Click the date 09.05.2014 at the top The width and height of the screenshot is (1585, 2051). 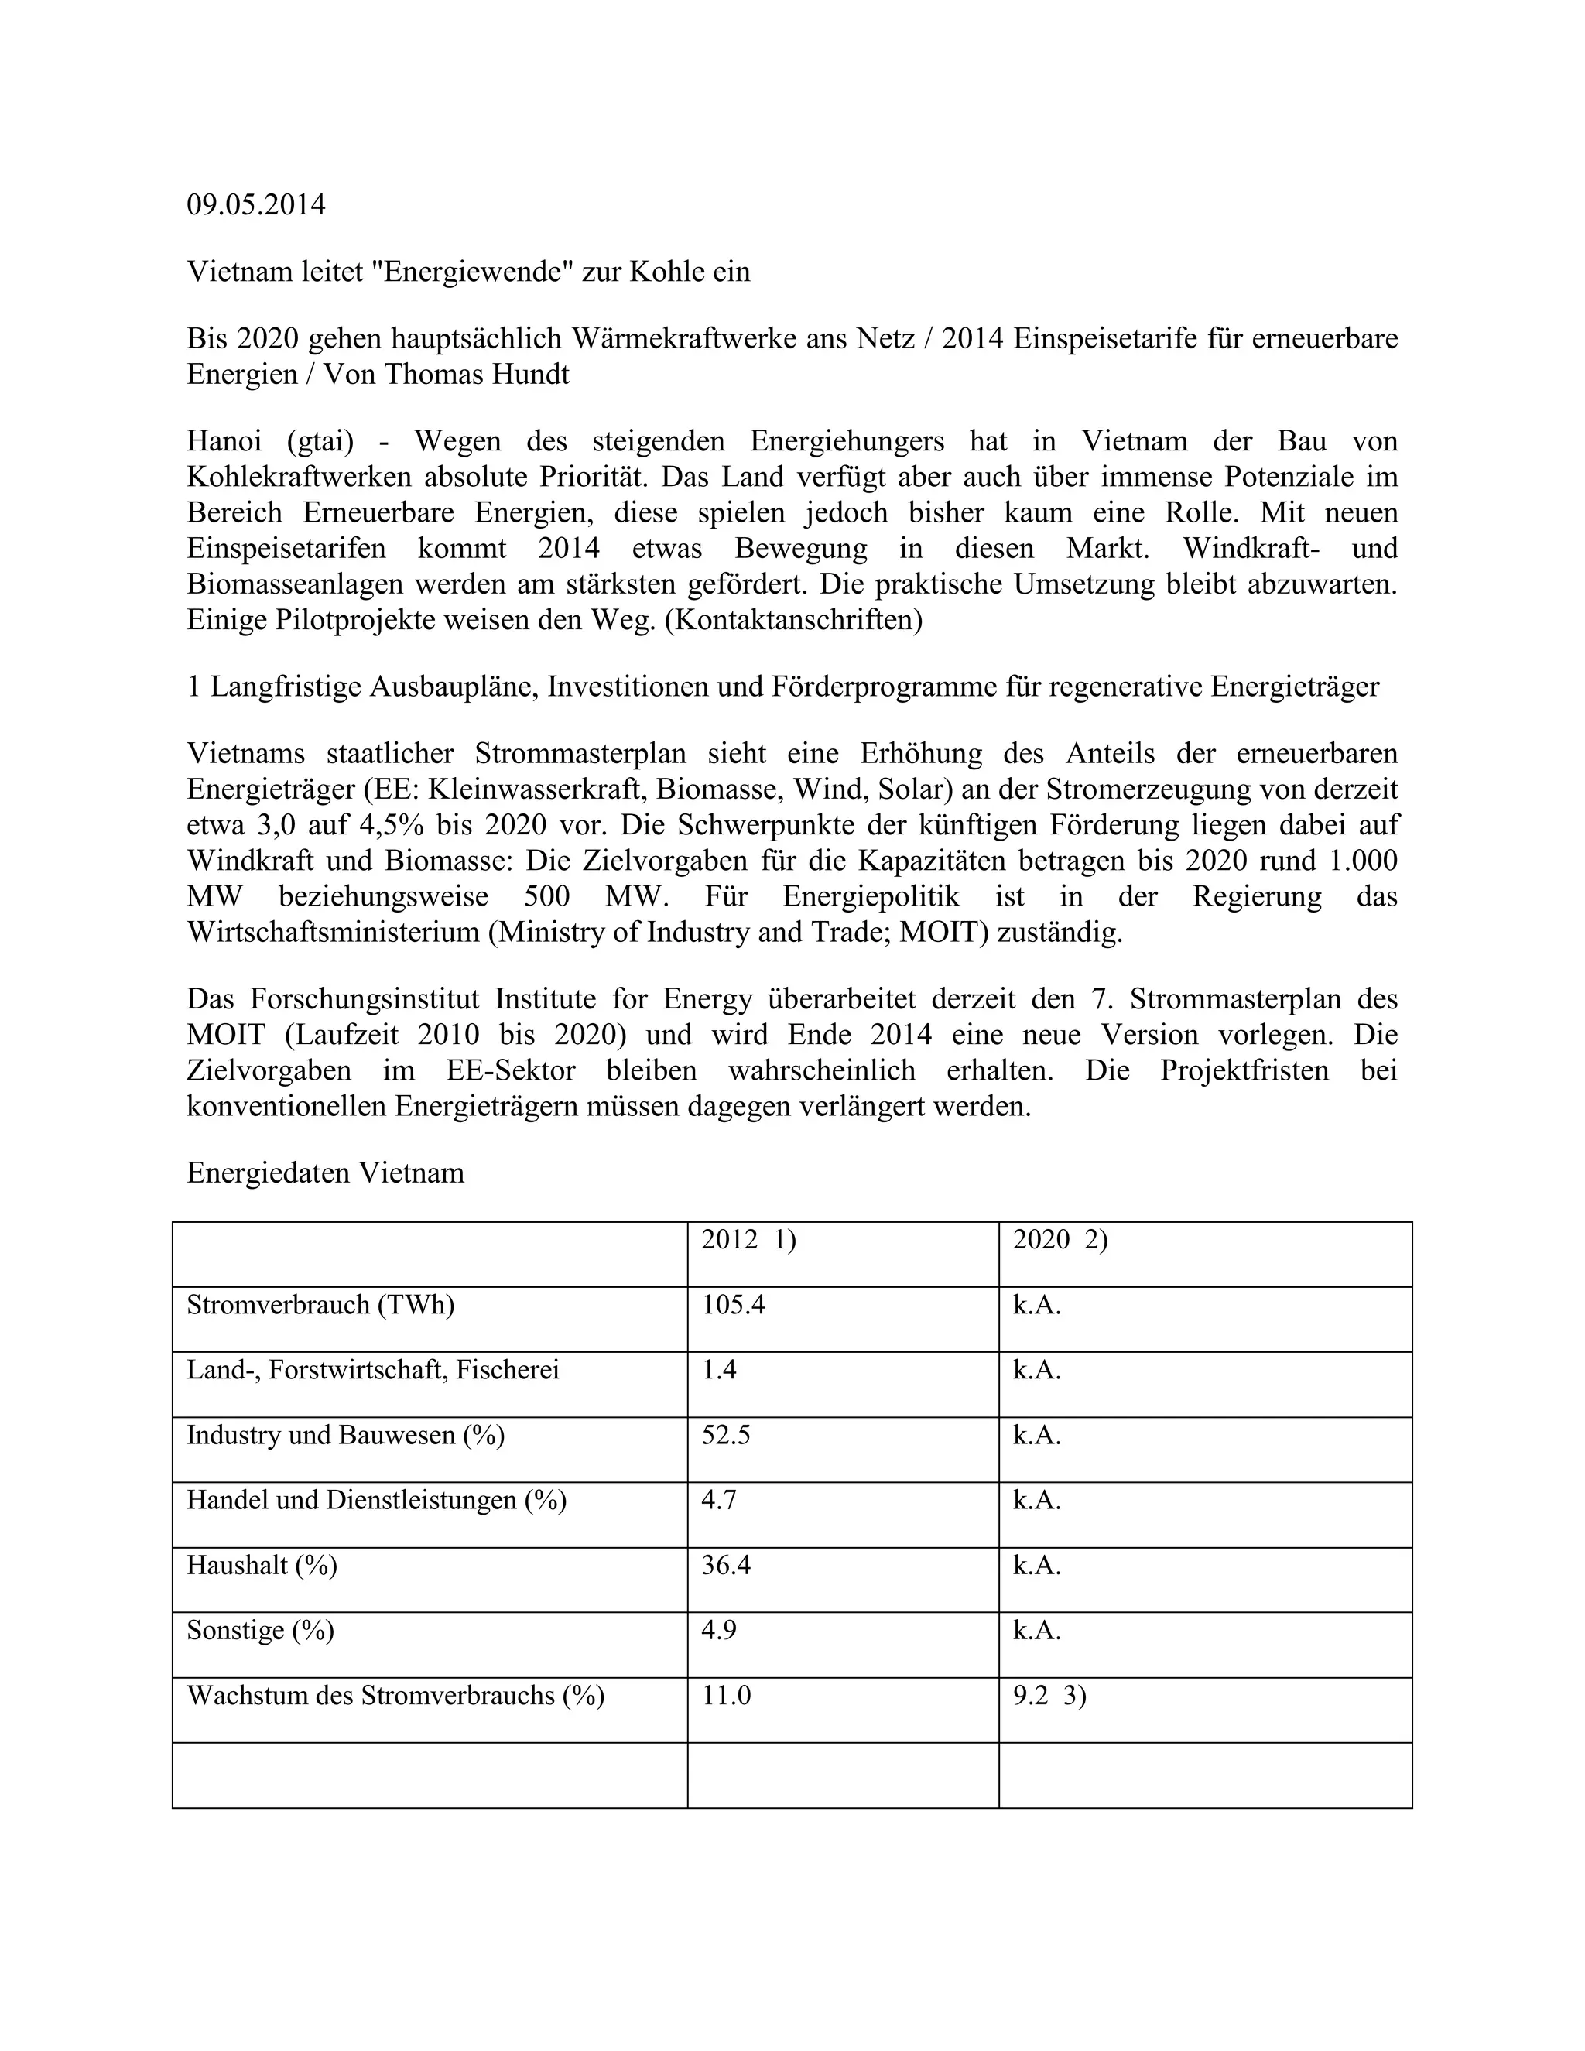tap(255, 205)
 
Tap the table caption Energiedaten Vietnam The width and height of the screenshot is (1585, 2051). tap(325, 1172)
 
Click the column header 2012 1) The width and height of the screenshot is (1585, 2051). tap(748, 1240)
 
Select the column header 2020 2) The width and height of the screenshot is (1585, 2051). tap(1060, 1240)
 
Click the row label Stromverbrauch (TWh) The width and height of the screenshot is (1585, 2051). tap(320, 1306)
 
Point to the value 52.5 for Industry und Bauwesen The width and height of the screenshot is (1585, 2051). tap(725, 1436)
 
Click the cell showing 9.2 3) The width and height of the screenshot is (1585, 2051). tap(1049, 1696)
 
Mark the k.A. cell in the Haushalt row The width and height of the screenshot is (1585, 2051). tap(1036, 1566)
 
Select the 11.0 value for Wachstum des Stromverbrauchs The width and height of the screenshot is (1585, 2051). tap(726, 1696)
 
